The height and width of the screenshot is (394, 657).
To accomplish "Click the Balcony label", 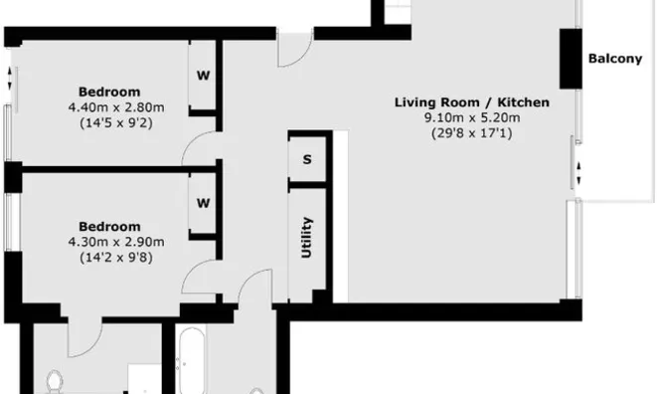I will pyautogui.click(x=614, y=59).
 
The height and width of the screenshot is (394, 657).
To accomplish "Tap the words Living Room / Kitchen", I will pyautogui.click(x=472, y=102).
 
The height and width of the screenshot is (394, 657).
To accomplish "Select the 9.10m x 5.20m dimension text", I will pyautogui.click(x=472, y=117).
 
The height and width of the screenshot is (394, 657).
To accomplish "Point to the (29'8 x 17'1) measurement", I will pyautogui.click(x=472, y=132).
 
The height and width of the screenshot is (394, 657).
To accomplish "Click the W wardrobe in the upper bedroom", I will pyautogui.click(x=203, y=75).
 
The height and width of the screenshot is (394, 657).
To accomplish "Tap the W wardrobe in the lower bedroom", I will pyautogui.click(x=203, y=203).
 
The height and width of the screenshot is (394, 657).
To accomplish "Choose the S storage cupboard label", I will pyautogui.click(x=307, y=159).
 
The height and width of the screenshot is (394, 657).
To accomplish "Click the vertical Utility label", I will pyautogui.click(x=307, y=238).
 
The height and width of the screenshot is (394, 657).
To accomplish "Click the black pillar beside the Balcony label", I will pyautogui.click(x=570, y=59).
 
